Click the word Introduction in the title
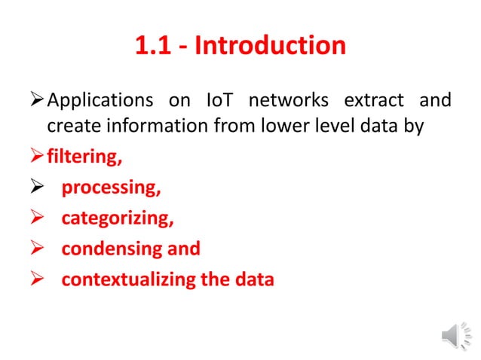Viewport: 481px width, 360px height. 271,46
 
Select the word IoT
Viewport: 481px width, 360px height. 220,100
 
